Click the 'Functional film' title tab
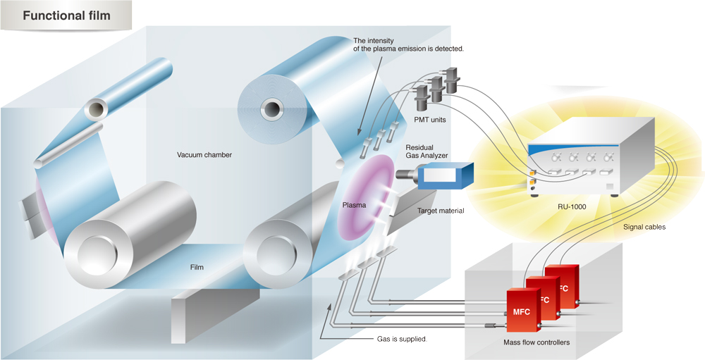[66, 15]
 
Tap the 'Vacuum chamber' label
[204, 154]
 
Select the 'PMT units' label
[429, 120]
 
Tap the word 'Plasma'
[354, 205]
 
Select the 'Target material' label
[441, 211]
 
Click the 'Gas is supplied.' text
[403, 339]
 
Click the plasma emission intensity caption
[408, 44]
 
